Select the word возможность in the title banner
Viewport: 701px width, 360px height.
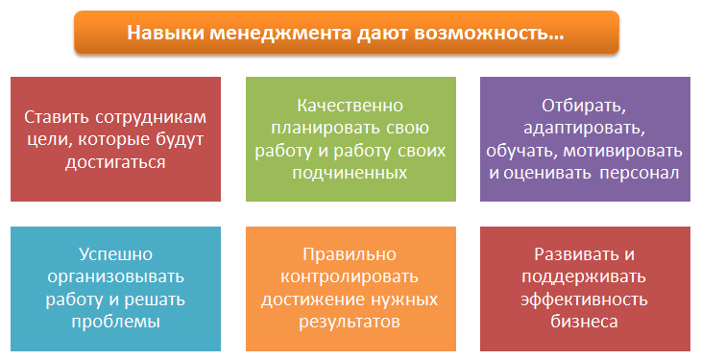[482, 33]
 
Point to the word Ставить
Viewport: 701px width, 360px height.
[57, 117]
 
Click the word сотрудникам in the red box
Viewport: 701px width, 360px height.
[151, 118]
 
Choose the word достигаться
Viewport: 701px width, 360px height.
[115, 162]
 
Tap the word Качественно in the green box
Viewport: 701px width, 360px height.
[350, 106]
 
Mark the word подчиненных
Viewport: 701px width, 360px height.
[350, 173]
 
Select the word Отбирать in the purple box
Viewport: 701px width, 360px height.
[584, 106]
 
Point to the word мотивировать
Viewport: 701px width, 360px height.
[622, 151]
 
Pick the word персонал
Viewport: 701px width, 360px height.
[640, 173]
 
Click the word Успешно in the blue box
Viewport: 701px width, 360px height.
[116, 254]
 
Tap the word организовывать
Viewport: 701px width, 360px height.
[116, 276]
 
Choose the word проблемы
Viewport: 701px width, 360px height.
[116, 322]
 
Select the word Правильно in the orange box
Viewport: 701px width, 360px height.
[350, 254]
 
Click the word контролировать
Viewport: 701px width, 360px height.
[350, 276]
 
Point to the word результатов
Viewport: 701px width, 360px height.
[350, 322]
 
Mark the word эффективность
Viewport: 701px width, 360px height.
[584, 300]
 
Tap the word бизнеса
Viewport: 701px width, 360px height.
[584, 322]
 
